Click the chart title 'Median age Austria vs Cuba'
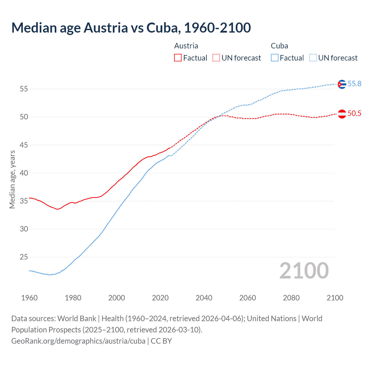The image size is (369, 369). pos(131,28)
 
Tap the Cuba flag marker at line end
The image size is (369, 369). pos(342,84)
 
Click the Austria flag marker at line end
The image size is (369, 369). pos(342,114)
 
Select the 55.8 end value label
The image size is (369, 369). pos(354,84)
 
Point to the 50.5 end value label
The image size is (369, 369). pos(354,113)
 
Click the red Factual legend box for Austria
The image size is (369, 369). pos(178,58)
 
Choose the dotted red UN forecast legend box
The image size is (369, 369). pos(216,58)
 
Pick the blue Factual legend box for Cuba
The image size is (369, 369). pos(275,58)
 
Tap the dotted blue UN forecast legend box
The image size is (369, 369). pos(313,58)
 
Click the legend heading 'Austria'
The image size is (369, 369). pos(186,46)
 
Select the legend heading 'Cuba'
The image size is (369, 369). pos(279,46)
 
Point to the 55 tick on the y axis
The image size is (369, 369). pos(24,89)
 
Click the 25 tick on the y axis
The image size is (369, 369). pos(24,257)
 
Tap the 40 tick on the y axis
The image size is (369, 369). pos(24,173)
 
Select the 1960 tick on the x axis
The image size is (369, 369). pos(29,298)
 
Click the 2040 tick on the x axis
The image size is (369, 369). pos(204,298)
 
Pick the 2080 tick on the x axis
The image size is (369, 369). pos(291,298)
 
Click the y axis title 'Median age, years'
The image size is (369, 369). pos(12,179)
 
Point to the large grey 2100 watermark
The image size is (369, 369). pos(304,271)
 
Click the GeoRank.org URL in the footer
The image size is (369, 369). pos(78,341)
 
